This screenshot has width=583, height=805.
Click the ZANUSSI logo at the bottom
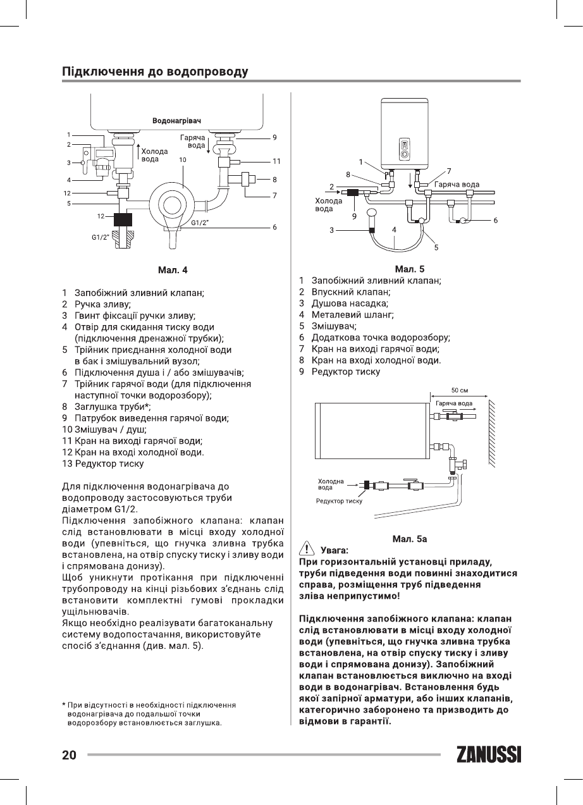(x=488, y=754)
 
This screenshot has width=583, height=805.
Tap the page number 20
(x=69, y=755)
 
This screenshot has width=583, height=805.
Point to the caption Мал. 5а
(x=410, y=539)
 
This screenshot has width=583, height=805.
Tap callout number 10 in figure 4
(x=182, y=161)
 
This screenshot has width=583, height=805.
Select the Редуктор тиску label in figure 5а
(x=339, y=501)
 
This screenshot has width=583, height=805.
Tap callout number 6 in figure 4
(x=275, y=227)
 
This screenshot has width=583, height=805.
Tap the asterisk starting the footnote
(x=64, y=704)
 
